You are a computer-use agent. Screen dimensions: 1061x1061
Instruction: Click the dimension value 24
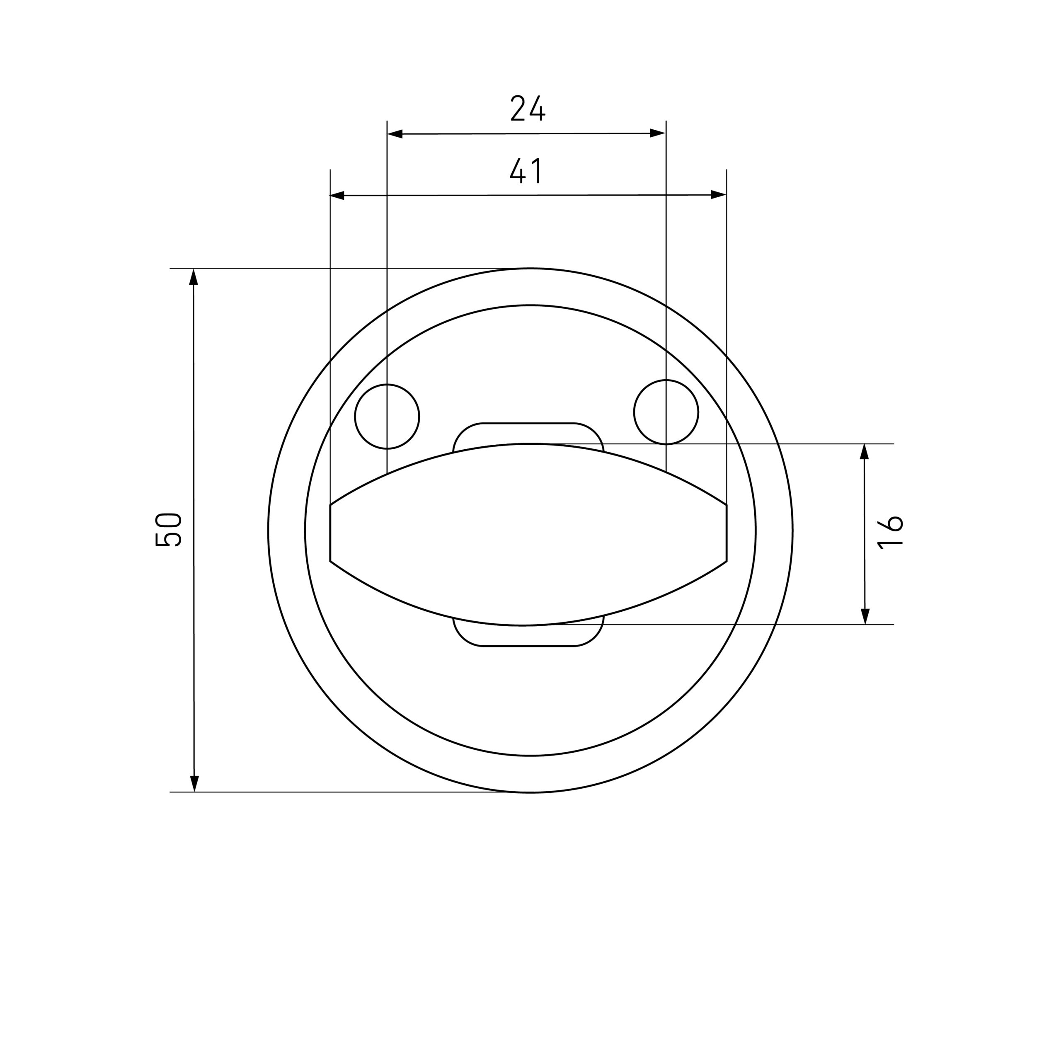[527, 108]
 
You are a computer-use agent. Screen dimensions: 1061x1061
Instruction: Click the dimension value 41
[526, 171]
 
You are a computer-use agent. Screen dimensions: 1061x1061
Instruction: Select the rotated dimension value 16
[890, 532]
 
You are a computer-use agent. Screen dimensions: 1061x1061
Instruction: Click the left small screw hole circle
[387, 416]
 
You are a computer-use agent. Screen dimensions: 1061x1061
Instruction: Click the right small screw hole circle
[666, 412]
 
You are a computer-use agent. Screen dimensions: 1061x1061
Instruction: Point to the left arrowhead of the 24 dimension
[395, 134]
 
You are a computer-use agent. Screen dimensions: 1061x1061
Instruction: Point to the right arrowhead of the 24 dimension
[658, 133]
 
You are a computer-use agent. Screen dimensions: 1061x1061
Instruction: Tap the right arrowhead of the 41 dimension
[719, 194]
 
